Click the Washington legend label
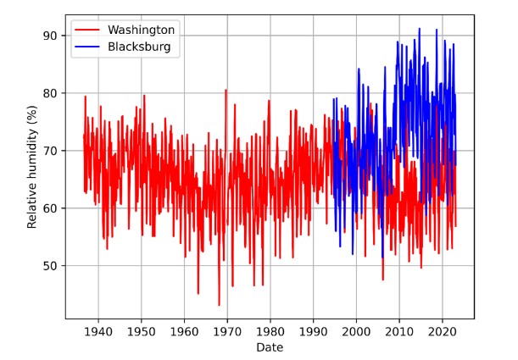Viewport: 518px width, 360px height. click(141, 30)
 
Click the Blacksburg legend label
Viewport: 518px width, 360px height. click(139, 47)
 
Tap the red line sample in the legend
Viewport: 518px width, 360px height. click(87, 30)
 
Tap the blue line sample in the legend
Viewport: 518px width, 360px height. click(87, 47)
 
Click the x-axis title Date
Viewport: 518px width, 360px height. click(270, 347)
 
